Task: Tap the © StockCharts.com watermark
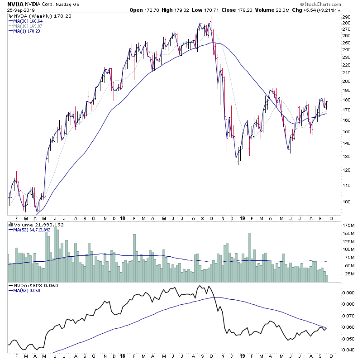point(333,4)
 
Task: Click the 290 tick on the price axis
point(347,17)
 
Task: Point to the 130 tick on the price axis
point(347,157)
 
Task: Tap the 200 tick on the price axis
point(347,82)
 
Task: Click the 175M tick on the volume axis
point(348,225)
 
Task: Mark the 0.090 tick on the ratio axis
point(348,293)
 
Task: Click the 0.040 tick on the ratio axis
point(348,350)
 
